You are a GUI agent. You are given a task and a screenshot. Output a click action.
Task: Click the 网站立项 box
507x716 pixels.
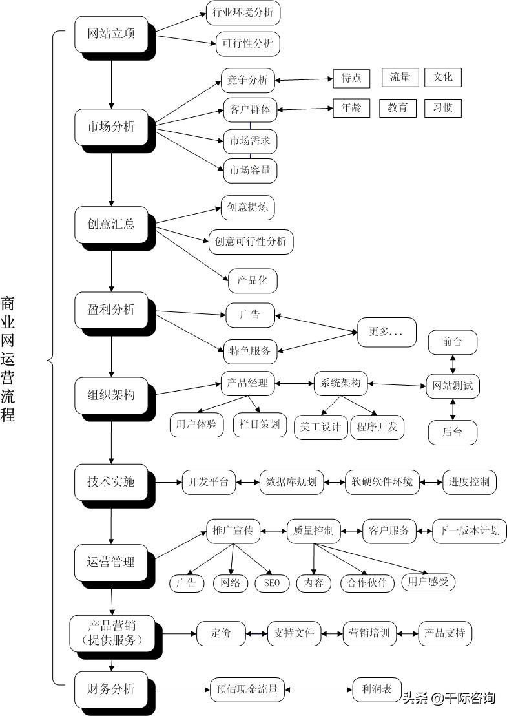point(111,35)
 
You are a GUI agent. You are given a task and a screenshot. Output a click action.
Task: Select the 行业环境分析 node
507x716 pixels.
point(243,13)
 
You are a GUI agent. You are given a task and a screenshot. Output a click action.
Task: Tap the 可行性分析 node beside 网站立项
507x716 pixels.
point(247,44)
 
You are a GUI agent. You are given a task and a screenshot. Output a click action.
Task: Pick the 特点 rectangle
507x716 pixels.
point(351,78)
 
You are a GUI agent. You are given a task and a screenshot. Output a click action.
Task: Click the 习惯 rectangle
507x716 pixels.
point(442,108)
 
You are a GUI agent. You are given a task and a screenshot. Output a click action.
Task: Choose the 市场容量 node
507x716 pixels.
point(249,171)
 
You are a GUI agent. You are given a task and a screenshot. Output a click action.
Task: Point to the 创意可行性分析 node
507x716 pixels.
point(251,242)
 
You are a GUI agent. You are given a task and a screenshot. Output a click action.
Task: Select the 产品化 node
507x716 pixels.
point(253,280)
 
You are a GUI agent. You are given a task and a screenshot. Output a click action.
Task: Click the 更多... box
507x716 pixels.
point(386,332)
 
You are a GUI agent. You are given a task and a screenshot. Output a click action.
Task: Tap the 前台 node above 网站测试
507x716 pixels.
point(452,342)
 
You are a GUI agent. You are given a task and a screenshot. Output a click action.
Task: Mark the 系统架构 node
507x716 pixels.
point(340,383)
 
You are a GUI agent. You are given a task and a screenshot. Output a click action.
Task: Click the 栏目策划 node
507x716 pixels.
point(260,425)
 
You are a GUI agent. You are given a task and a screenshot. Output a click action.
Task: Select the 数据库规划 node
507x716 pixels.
point(291,482)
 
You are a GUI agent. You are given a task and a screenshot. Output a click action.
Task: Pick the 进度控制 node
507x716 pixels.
point(469,482)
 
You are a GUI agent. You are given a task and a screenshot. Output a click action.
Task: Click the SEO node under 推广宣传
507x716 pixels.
point(272,583)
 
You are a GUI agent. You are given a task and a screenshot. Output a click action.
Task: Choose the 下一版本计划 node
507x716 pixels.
point(469,531)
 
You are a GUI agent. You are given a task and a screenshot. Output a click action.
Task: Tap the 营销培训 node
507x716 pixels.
point(369,633)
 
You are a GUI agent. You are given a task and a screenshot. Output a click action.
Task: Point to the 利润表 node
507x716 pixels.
point(377,690)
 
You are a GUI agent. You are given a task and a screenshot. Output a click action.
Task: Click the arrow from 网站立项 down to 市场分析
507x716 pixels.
point(111,84)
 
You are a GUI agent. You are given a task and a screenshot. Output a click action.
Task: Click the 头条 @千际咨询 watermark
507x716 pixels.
point(449,698)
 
